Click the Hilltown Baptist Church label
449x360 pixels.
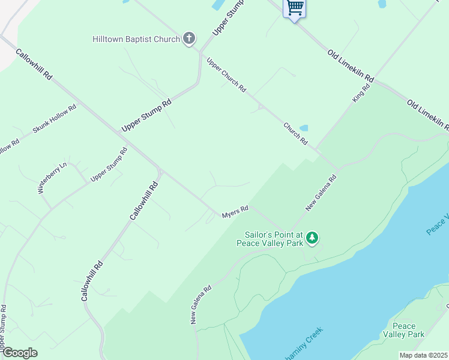click(x=136, y=40)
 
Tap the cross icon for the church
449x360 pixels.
click(x=189, y=39)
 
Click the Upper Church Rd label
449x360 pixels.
click(x=226, y=74)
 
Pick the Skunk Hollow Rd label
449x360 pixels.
click(x=55, y=119)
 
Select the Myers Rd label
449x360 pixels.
click(x=235, y=212)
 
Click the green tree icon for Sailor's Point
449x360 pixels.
click(x=312, y=238)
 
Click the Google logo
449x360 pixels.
click(x=19, y=353)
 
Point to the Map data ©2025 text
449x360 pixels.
click(x=423, y=355)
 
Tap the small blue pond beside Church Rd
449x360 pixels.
click(x=303, y=128)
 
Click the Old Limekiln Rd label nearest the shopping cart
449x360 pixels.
click(x=351, y=66)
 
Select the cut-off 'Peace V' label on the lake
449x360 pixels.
click(x=438, y=224)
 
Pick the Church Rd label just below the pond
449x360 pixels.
click(x=296, y=134)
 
